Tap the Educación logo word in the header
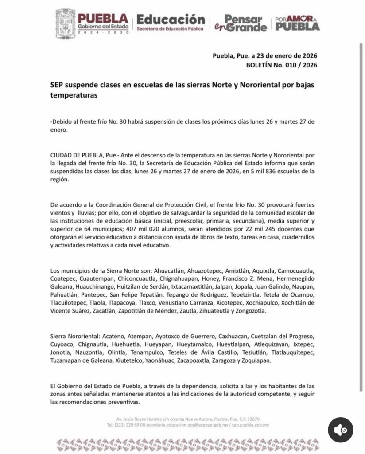(x=171, y=20)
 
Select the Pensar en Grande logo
(x=241, y=23)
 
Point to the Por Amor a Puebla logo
(x=297, y=23)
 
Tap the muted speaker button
(x=340, y=430)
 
